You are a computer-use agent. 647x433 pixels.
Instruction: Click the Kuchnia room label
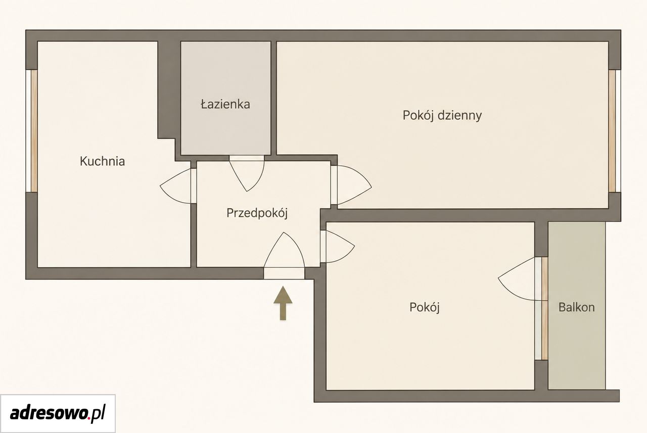102,161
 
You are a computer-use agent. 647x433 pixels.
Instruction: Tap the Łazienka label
225,104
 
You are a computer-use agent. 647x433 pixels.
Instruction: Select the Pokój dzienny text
442,116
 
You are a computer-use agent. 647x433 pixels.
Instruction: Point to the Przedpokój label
257,213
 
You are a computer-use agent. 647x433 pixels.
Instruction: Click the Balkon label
577,307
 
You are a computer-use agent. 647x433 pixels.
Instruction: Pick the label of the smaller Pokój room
425,307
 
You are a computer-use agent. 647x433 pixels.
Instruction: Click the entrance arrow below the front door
283,303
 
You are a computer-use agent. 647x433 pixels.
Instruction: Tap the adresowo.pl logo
58,413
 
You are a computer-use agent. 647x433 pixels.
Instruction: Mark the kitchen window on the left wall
31,131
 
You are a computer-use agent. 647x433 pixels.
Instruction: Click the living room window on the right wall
615,131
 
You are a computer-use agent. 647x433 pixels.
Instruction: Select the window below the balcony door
541,330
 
